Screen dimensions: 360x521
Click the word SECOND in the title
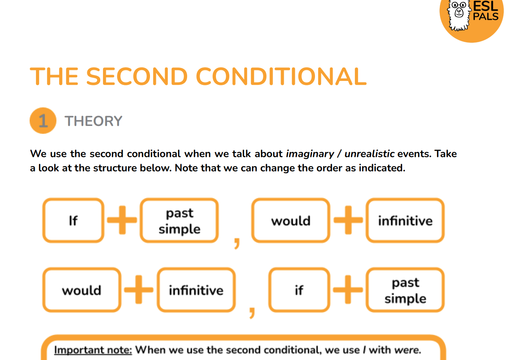pyautogui.click(x=137, y=76)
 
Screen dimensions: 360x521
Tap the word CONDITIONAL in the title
pyautogui.click(x=281, y=76)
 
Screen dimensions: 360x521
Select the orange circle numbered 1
pyautogui.click(x=43, y=121)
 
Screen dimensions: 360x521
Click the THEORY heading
pyautogui.click(x=94, y=121)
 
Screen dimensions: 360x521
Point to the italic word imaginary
pyautogui.click(x=310, y=154)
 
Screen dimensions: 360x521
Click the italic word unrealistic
pyautogui.click(x=369, y=154)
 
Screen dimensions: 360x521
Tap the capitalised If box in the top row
pyautogui.click(x=73, y=220)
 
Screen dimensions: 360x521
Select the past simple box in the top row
pyautogui.click(x=179, y=221)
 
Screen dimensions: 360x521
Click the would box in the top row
pyautogui.click(x=291, y=221)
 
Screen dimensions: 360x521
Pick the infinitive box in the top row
pyautogui.click(x=405, y=221)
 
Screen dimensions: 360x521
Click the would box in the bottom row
pyautogui.click(x=82, y=290)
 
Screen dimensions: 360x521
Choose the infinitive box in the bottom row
pyautogui.click(x=196, y=290)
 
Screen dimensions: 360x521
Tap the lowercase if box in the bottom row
pyautogui.click(x=299, y=290)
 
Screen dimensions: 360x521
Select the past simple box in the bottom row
pyautogui.click(x=405, y=290)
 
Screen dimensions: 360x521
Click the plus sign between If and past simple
pyautogui.click(x=122, y=220)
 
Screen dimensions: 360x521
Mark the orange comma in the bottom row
pyautogui.click(x=252, y=311)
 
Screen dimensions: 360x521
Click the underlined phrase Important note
pyautogui.click(x=93, y=350)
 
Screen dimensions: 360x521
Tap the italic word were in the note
pyautogui.click(x=407, y=350)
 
